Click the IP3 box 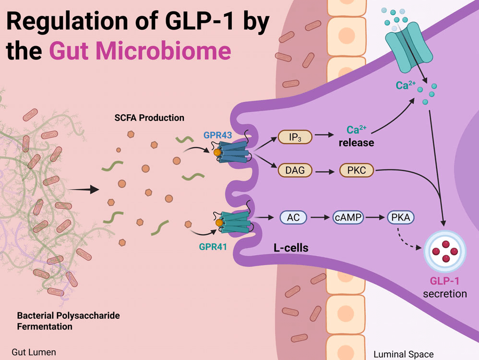click(295, 138)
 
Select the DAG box click(295, 170)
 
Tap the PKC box click(357, 170)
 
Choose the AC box click(293, 217)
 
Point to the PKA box click(400, 217)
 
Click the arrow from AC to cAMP click(320, 217)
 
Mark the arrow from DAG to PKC click(326, 170)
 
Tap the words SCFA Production click(149, 118)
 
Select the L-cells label click(291, 248)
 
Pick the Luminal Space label click(403, 355)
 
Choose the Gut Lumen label click(34, 352)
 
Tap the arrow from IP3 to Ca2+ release click(328, 138)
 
